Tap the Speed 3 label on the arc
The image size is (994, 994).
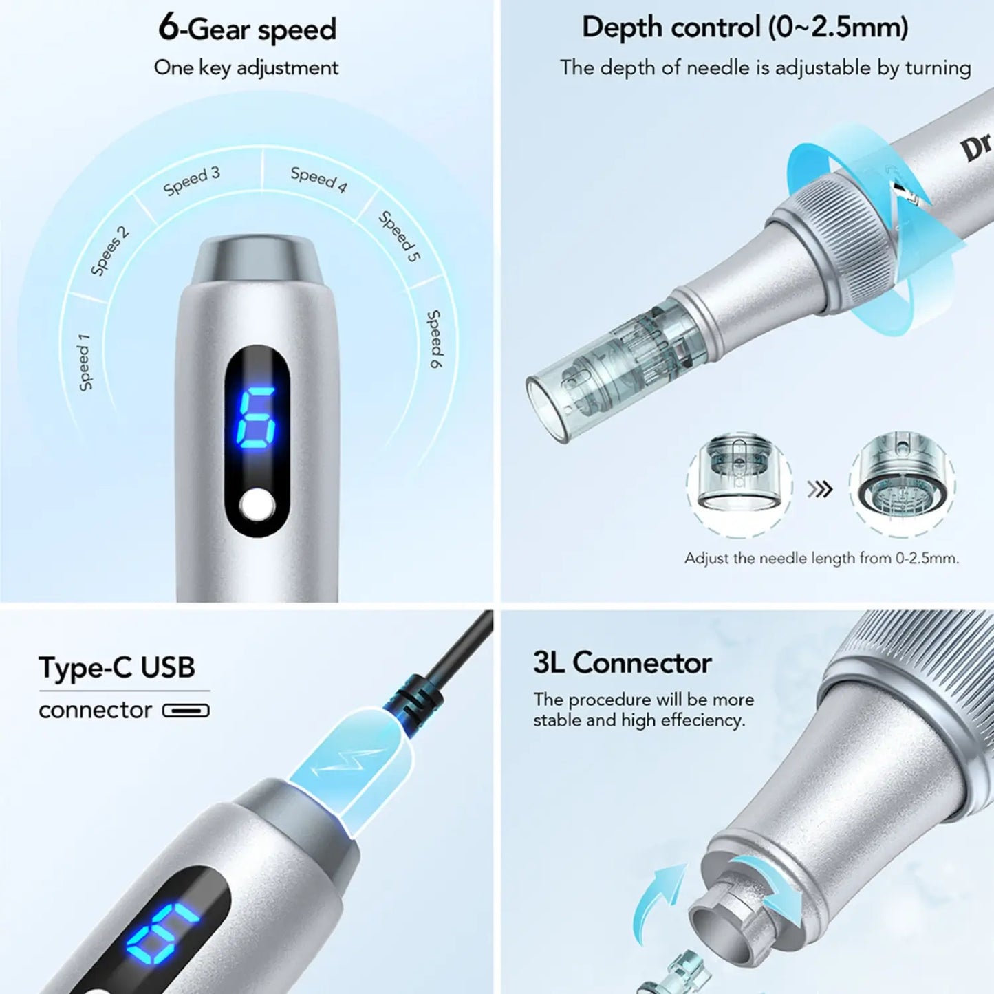pyautogui.click(x=192, y=180)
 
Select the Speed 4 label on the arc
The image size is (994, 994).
pyautogui.click(x=318, y=179)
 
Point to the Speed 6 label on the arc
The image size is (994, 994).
pyautogui.click(x=435, y=338)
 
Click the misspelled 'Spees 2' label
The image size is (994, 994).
pyautogui.click(x=110, y=250)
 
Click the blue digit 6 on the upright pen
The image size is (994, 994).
pyautogui.click(x=256, y=417)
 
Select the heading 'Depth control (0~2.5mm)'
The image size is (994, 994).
pyautogui.click(x=745, y=28)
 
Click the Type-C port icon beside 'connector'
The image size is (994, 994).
pyautogui.click(x=186, y=711)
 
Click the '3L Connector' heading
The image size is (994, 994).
pyautogui.click(x=622, y=663)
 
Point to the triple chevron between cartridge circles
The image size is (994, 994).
pyautogui.click(x=820, y=489)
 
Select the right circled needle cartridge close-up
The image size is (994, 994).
pyautogui.click(x=901, y=482)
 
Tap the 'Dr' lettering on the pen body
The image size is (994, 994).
pyautogui.click(x=977, y=147)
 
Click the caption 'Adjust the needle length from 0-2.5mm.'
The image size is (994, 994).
pyautogui.click(x=821, y=558)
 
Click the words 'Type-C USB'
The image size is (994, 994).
pyautogui.click(x=117, y=667)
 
